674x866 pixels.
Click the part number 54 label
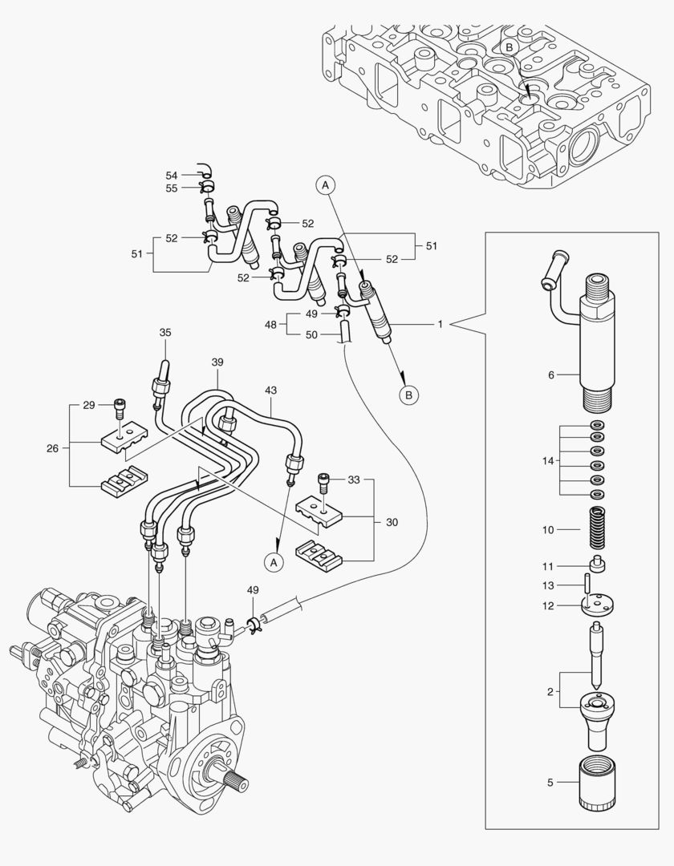point(172,175)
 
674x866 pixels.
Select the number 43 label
point(270,390)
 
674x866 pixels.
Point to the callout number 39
point(217,362)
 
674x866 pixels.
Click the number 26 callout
point(52,447)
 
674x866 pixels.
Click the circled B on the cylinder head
point(508,47)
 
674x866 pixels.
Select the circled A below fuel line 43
point(274,562)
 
